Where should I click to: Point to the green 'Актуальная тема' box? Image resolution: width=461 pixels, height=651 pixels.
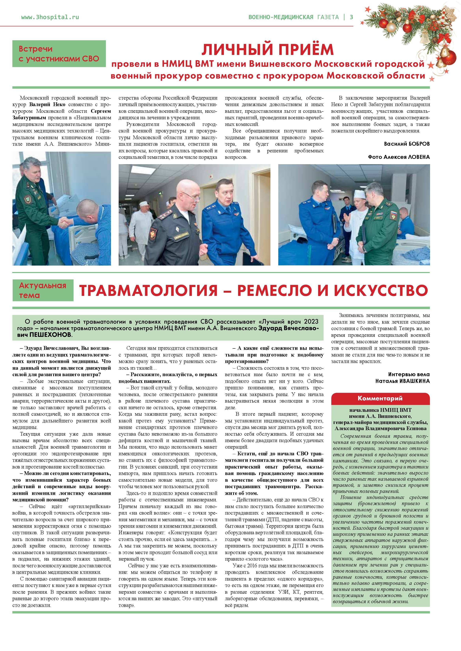coord(43,290)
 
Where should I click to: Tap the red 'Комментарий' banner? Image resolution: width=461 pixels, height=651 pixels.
coord(380,398)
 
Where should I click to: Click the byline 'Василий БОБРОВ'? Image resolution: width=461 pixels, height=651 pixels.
coord(406,144)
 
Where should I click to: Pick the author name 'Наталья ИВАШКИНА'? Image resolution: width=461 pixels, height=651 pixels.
coord(402,381)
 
